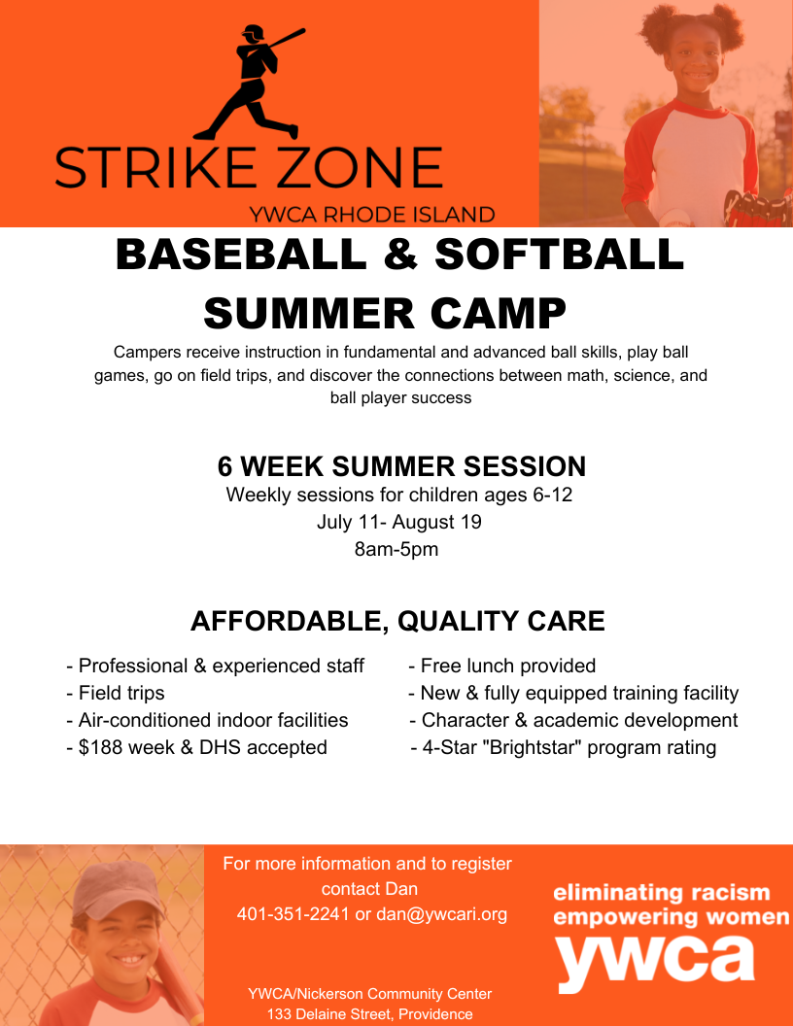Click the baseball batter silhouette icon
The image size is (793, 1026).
tap(252, 82)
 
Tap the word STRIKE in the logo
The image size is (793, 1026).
tap(155, 167)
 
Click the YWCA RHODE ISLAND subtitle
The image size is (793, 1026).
tap(371, 215)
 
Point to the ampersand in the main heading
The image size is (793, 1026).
tap(400, 254)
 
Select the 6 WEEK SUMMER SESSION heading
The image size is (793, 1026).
tap(401, 466)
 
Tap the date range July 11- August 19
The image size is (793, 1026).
tap(399, 522)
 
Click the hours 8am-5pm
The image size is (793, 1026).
tap(396, 549)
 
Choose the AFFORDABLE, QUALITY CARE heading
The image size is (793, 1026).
tap(397, 621)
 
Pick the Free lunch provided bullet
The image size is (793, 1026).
tap(501, 667)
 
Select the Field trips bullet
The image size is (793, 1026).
tap(116, 693)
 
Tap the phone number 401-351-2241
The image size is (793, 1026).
tap(293, 914)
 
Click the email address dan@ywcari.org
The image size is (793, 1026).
tap(441, 914)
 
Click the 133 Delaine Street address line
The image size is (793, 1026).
tap(369, 1014)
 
